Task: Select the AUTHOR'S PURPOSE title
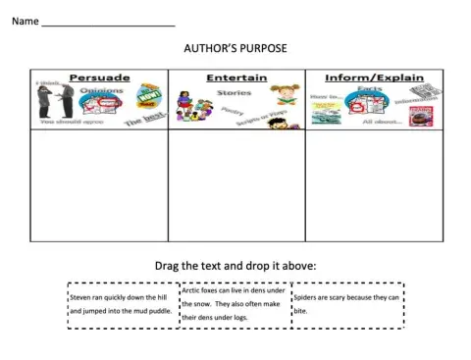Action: pyautogui.click(x=235, y=47)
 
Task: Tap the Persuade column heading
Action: pyautogui.click(x=99, y=77)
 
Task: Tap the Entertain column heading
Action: pyautogui.click(x=235, y=77)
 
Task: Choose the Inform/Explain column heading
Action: pyautogui.click(x=372, y=77)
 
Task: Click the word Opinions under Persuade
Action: pyautogui.click(x=98, y=90)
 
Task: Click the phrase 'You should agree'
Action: pyautogui.click(x=57, y=123)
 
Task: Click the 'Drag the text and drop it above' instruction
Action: pyautogui.click(x=235, y=266)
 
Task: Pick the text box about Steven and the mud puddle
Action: pyautogui.click(x=122, y=304)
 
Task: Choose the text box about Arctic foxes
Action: pyautogui.click(x=235, y=304)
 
